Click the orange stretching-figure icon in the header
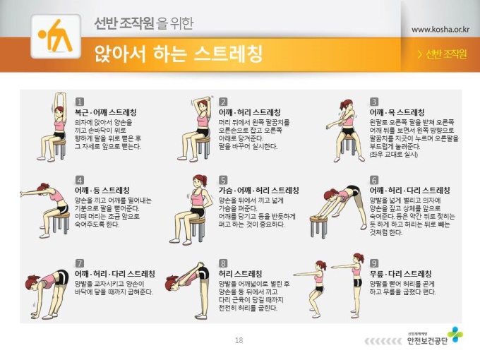coord(56,36)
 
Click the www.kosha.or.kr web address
coord(440,30)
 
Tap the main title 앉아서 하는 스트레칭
coord(178,54)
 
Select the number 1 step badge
coord(79,102)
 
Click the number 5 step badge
coord(223,180)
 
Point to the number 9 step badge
coord(374,263)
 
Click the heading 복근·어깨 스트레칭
coord(106,112)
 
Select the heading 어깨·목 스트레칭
coord(397,112)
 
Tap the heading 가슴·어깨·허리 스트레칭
coord(258,191)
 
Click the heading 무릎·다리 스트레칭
coord(400,274)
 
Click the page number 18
coord(239,340)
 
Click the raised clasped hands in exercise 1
coord(60,95)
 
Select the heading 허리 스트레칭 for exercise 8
coord(240,274)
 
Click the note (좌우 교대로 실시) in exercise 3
coord(394,155)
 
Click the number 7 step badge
coord(79,263)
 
